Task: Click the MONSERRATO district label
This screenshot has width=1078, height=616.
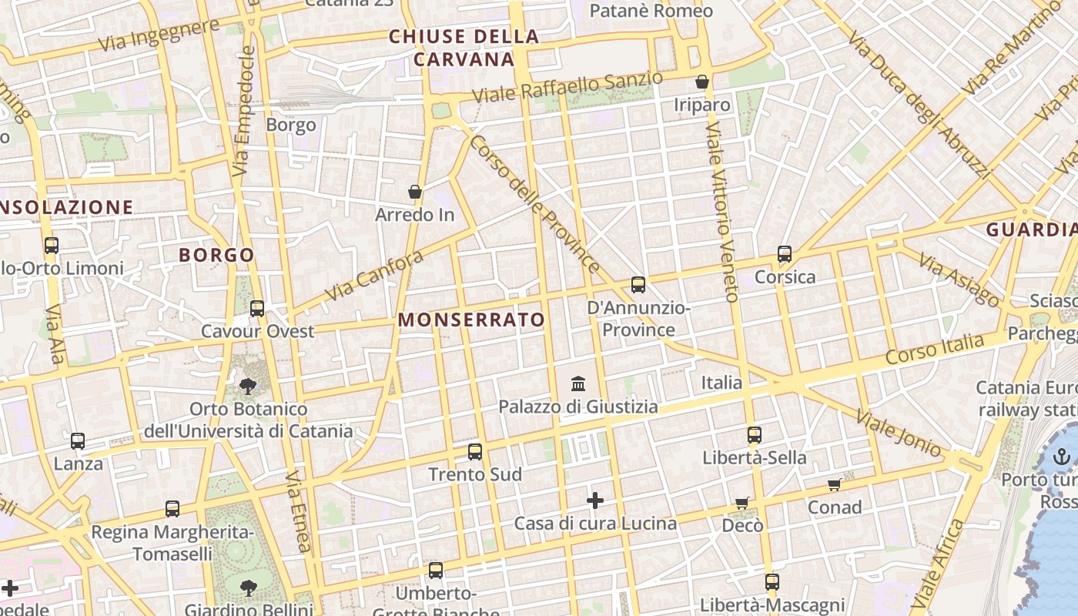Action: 471,320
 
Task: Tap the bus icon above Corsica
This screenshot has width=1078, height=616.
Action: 785,253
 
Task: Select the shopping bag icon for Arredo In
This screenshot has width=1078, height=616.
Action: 415,191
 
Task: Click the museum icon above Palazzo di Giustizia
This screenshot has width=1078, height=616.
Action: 578,383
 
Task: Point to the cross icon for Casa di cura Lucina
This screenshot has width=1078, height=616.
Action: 594,500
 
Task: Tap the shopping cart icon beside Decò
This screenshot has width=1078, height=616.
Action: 742,503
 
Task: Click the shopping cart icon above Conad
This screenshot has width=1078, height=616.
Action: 834,484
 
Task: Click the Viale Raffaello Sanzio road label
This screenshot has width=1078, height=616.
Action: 567,87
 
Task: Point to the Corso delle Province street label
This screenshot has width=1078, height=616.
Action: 534,204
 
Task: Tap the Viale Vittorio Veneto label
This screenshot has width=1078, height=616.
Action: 721,211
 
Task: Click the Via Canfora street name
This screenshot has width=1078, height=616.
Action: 374,276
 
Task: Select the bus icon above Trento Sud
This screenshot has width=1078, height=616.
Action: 475,451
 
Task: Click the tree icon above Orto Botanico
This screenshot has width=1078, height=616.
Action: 248,386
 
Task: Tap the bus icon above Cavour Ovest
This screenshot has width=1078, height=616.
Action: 257,308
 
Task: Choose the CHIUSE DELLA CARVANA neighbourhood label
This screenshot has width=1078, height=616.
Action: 464,48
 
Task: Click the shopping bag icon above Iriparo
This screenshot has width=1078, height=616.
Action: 702,82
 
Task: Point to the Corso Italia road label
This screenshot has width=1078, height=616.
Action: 934,349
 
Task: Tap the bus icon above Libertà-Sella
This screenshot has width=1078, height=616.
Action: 754,434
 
